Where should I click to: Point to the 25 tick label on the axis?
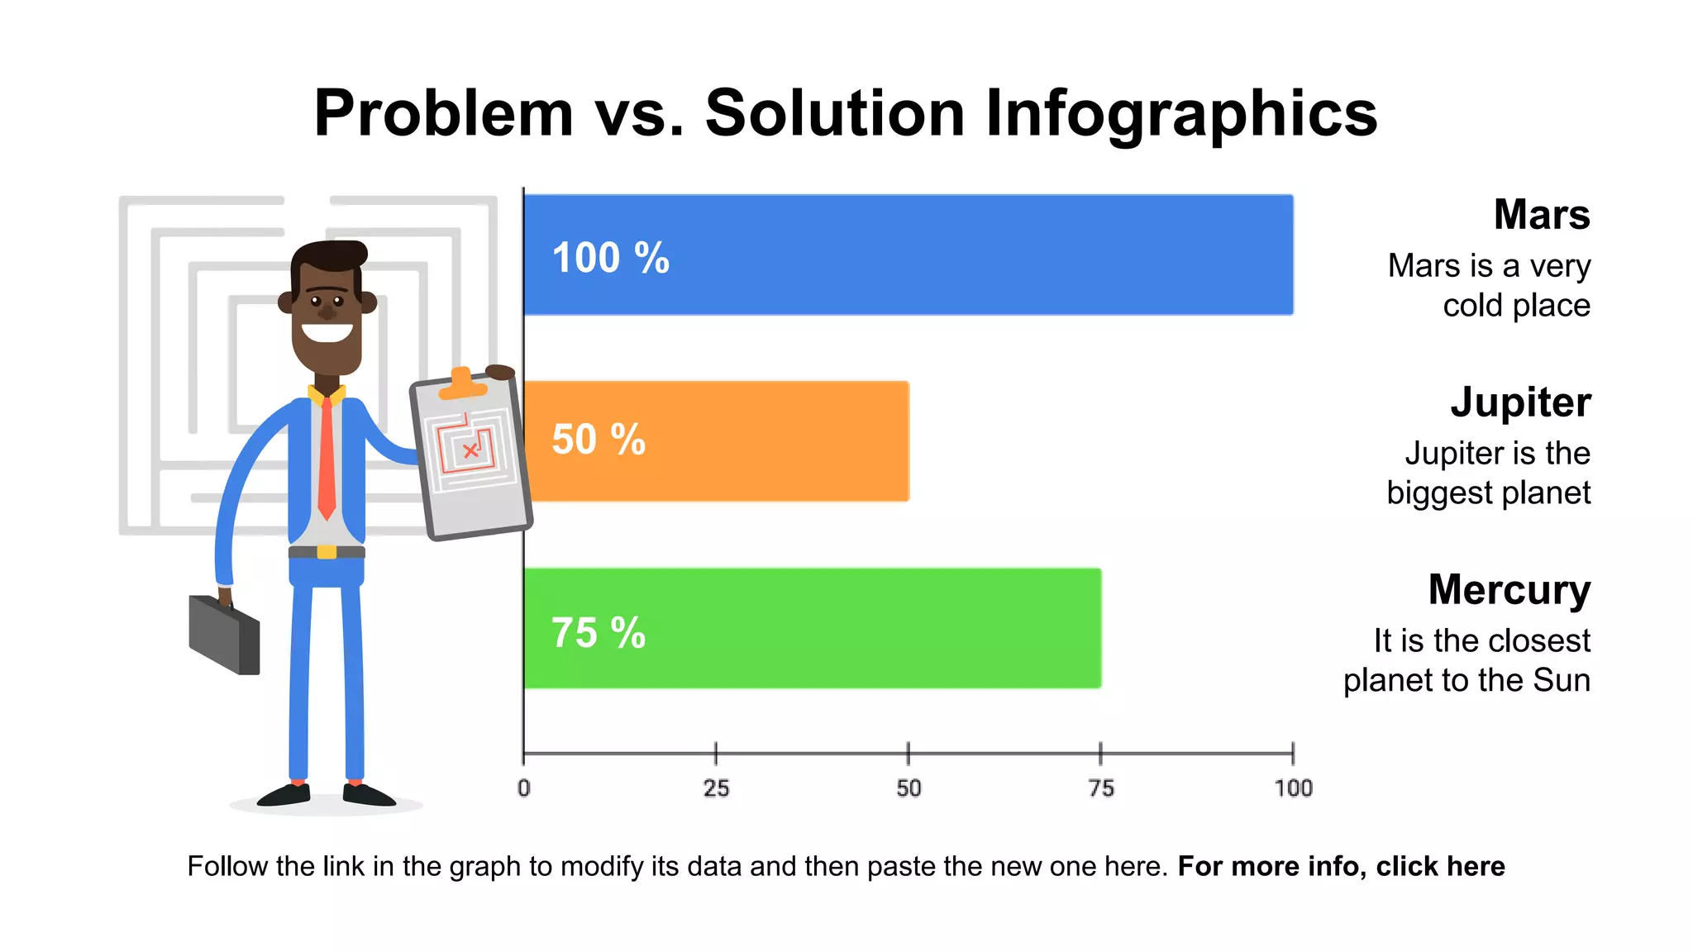pyautogui.click(x=716, y=788)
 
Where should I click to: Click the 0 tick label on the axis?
pyautogui.click(x=524, y=788)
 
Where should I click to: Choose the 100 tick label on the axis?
pyautogui.click(x=1293, y=788)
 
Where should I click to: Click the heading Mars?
pyautogui.click(x=1541, y=215)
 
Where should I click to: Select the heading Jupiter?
pyautogui.click(x=1520, y=402)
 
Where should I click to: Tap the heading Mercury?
pyautogui.click(x=1509, y=590)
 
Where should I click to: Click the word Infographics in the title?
pyautogui.click(x=1181, y=113)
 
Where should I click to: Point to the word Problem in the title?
pyautogui.click(x=444, y=113)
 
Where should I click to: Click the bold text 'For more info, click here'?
pyautogui.click(x=1341, y=866)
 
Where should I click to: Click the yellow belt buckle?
pyautogui.click(x=327, y=551)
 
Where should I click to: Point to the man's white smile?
pyautogui.click(x=327, y=332)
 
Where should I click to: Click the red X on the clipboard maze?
pyautogui.click(x=470, y=450)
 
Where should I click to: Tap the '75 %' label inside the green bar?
pyautogui.click(x=599, y=633)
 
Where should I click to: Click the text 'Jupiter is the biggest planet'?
pyautogui.click(x=1488, y=473)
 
